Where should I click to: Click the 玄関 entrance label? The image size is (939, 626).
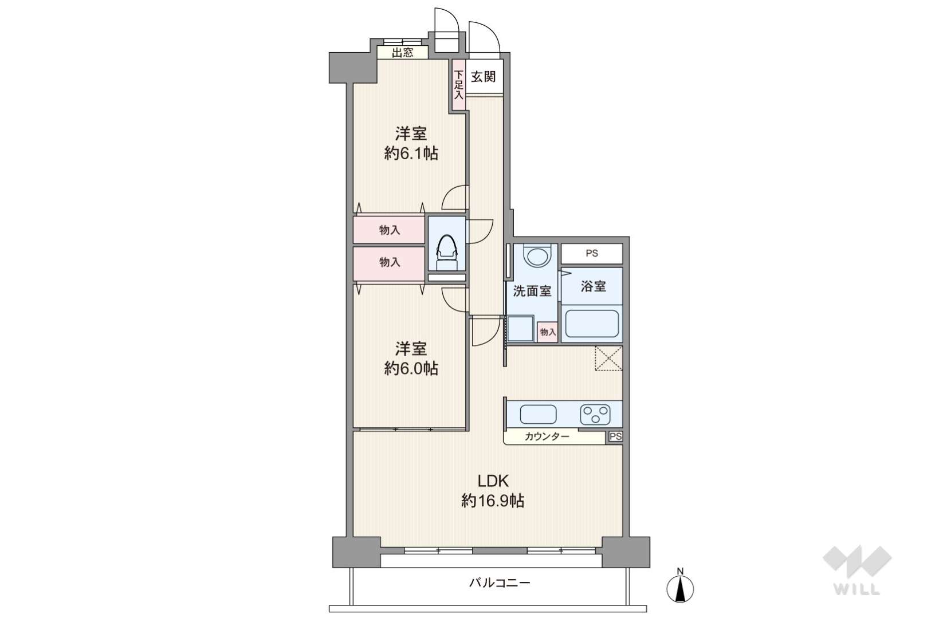[x=483, y=77]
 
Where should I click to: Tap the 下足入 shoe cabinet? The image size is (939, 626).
[x=458, y=85]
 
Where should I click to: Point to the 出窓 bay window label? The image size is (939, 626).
[x=402, y=53]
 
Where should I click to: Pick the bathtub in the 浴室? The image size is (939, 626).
[x=592, y=324]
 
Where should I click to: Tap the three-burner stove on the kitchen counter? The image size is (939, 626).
[x=595, y=415]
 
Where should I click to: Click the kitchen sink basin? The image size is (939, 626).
[x=539, y=415]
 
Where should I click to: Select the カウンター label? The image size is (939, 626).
[x=547, y=436]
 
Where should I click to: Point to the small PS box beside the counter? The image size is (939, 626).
[x=615, y=436]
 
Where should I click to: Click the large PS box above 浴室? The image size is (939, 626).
[x=592, y=254]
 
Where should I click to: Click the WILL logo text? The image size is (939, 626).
[x=857, y=589]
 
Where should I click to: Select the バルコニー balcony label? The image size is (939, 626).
[x=500, y=582]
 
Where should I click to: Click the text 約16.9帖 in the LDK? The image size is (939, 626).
[x=493, y=501]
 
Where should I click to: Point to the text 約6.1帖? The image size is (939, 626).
[x=411, y=153]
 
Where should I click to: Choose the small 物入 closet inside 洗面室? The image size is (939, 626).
[x=548, y=332]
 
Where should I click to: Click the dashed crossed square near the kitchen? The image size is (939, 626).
[x=608, y=359]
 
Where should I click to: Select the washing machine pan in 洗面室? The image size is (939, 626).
[x=521, y=329]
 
